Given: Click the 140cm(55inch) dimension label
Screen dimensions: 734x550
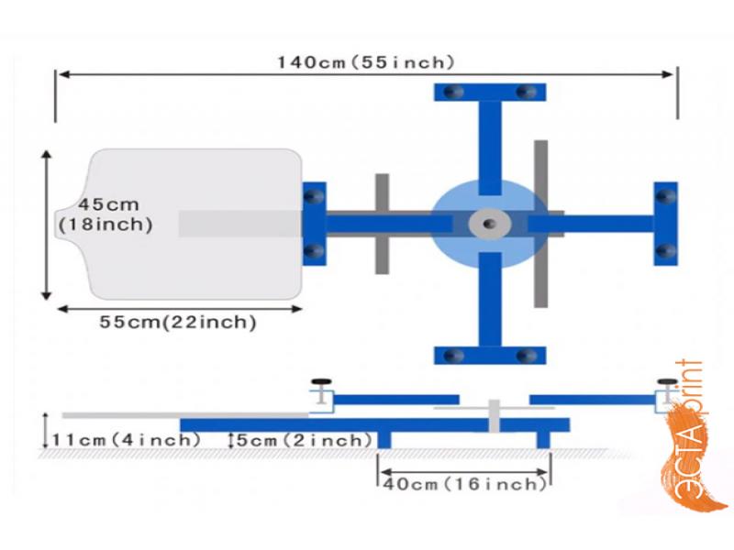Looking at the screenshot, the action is pyautogui.click(x=366, y=62).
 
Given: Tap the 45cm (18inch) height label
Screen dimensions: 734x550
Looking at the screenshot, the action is pyautogui.click(x=106, y=215).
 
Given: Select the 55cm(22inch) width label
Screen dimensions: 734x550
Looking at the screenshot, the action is pyautogui.click(x=178, y=323).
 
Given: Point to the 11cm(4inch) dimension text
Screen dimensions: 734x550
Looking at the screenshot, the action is pyautogui.click(x=126, y=440).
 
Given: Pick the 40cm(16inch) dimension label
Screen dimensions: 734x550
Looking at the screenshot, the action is pyautogui.click(x=465, y=484).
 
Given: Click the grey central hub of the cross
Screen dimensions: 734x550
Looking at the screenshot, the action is pyautogui.click(x=490, y=224).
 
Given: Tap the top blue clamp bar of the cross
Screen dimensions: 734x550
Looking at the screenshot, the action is pyautogui.click(x=490, y=93).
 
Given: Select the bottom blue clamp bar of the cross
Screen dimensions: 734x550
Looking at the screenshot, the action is pyautogui.click(x=490, y=356).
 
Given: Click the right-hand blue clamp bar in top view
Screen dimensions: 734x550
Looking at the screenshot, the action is pyautogui.click(x=666, y=224).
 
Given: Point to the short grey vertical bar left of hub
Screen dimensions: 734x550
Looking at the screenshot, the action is pyautogui.click(x=382, y=224).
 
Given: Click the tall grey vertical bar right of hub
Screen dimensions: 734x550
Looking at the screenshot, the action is pyautogui.click(x=540, y=224).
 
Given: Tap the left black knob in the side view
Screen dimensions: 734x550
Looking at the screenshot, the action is pyautogui.click(x=321, y=381).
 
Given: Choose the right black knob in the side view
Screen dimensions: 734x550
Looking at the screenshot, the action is pyautogui.click(x=667, y=382).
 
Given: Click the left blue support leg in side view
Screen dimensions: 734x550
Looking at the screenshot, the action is pyautogui.click(x=384, y=440).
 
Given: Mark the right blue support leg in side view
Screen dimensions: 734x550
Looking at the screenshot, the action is pyautogui.click(x=543, y=440).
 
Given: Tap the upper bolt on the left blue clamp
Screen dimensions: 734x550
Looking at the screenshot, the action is pyautogui.click(x=314, y=196).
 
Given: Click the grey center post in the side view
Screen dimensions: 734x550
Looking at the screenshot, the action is pyautogui.click(x=494, y=416).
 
